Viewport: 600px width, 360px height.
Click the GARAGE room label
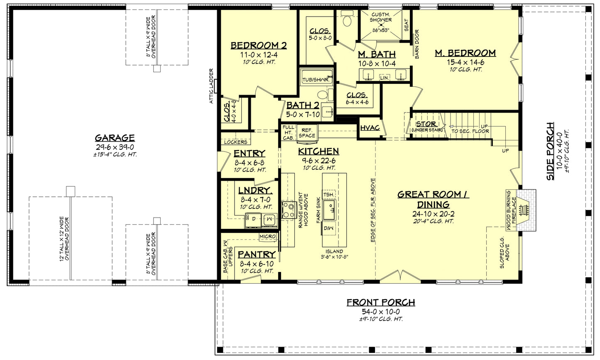(x=115, y=138)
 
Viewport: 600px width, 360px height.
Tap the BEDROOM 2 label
(x=259, y=46)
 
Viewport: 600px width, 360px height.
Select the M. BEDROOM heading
(x=465, y=53)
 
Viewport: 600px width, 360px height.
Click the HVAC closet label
(x=370, y=128)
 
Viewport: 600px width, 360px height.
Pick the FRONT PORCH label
(x=381, y=302)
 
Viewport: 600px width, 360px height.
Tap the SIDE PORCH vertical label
(x=550, y=151)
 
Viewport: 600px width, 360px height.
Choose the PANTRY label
(x=257, y=255)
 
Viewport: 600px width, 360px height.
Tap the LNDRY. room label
(x=255, y=191)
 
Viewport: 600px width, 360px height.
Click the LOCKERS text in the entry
(x=235, y=142)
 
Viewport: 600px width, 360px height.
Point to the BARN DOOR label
(x=416, y=44)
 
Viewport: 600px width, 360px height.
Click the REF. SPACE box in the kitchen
(x=307, y=132)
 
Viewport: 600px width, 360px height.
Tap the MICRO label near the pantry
(x=267, y=236)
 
